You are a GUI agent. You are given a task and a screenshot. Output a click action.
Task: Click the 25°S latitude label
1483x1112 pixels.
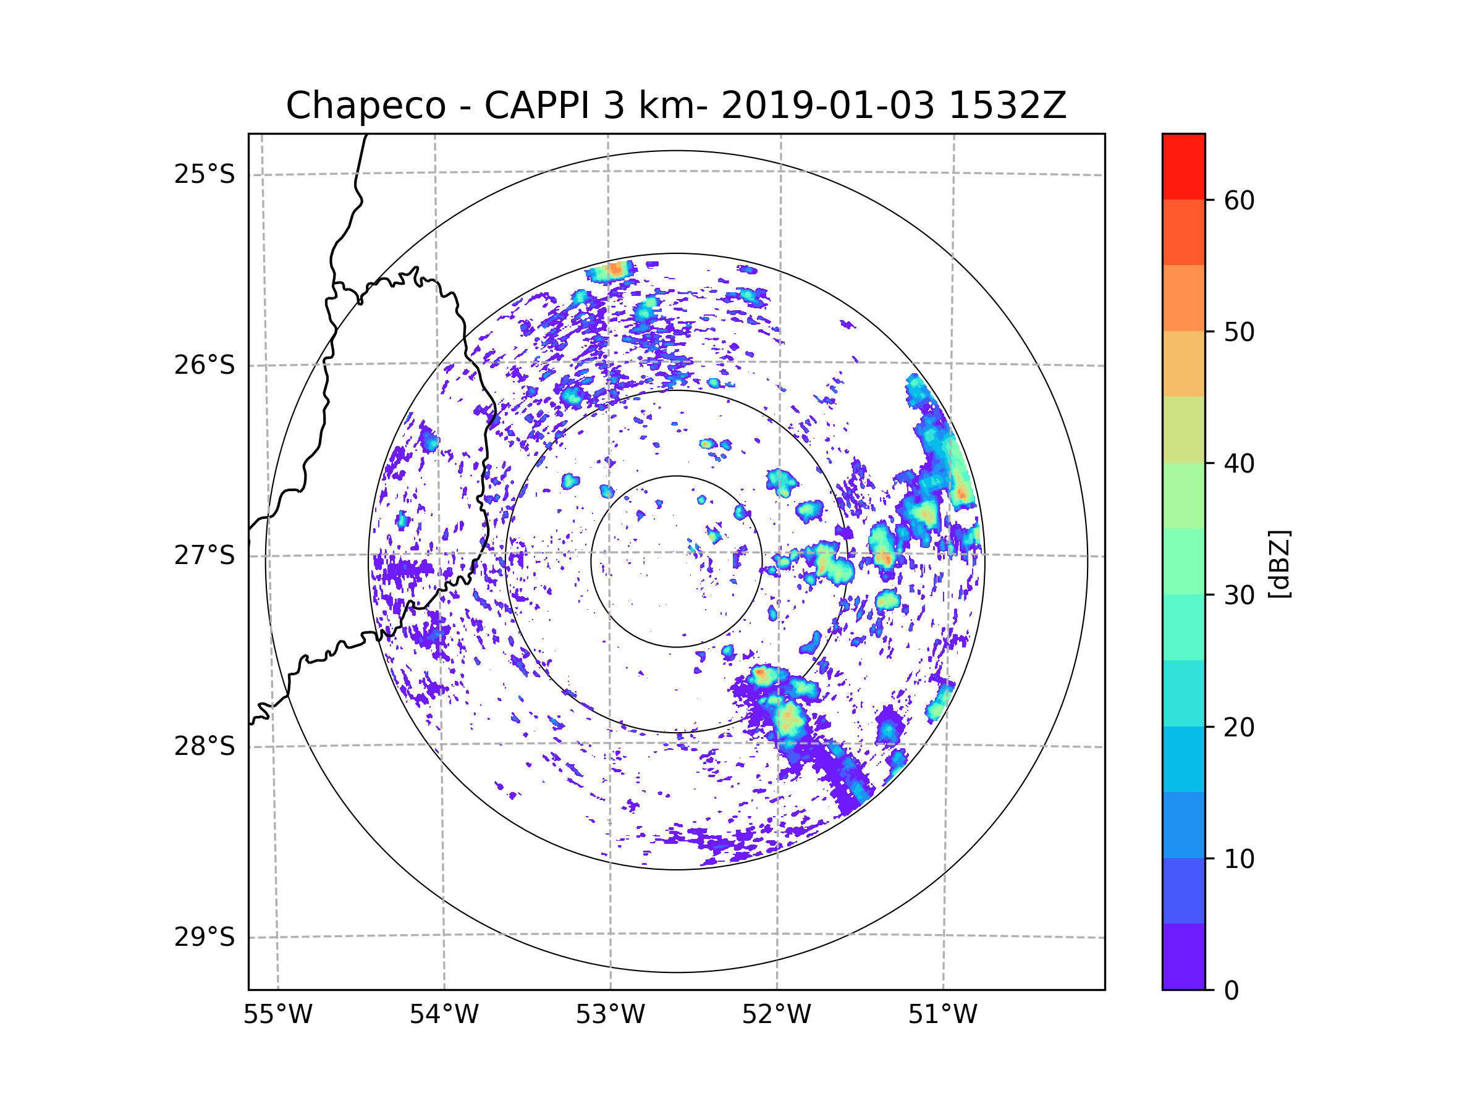coord(205,174)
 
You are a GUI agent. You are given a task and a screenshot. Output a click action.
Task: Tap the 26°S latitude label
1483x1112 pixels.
coord(205,365)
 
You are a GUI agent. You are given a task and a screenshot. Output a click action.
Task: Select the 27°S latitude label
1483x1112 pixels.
coord(205,555)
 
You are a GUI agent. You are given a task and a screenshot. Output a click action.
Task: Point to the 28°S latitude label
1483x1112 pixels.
coord(205,746)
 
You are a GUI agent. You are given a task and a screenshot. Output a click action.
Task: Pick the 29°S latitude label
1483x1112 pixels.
coord(205,937)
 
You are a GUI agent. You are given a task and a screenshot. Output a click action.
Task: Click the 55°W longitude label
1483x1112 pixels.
coord(277,1015)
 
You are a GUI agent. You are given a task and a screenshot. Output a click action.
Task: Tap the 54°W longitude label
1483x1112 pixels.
coord(444,1015)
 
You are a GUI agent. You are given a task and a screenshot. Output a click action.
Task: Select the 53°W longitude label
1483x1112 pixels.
coord(610,1015)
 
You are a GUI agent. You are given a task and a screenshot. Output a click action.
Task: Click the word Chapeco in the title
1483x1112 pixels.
coord(365,106)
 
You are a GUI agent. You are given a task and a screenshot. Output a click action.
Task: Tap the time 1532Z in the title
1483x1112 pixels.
coord(1008,106)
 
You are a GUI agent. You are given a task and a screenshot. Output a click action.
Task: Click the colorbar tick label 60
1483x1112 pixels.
coord(1239,200)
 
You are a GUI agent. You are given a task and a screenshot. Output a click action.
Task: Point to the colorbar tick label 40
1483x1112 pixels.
coord(1239,464)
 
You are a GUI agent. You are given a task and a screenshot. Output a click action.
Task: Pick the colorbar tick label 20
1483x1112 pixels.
coord(1239,727)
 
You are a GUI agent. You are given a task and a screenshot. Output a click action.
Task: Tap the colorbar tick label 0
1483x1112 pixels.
coord(1232,991)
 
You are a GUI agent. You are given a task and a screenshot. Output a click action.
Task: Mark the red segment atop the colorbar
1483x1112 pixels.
coord(1183,166)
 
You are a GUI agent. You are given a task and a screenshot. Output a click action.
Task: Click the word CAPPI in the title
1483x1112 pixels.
coord(536,106)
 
